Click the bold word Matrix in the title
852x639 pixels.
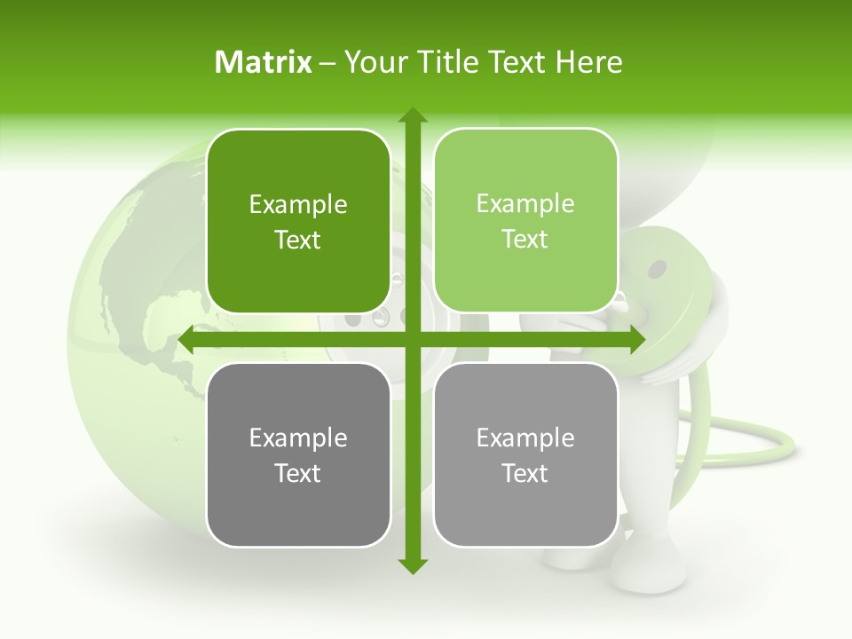point(264,62)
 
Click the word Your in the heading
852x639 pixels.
point(373,62)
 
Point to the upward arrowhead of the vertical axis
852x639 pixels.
point(412,116)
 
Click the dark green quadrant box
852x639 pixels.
point(298,221)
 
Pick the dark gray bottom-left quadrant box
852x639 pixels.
point(298,454)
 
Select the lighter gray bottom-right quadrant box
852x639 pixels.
point(525,454)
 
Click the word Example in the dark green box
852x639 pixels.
point(298,205)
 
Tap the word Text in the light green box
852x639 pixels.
point(525,239)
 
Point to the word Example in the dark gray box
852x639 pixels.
point(298,438)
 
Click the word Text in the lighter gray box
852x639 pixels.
point(525,473)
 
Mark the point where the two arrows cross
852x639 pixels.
point(412,340)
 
